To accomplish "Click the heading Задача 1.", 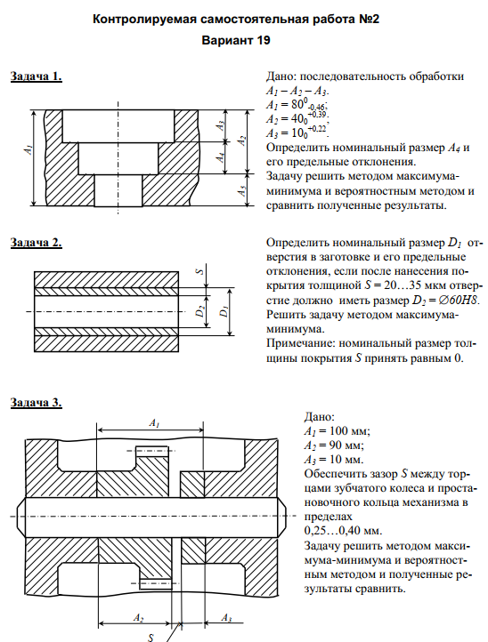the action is coord(37,76).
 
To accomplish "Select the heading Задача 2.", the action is coord(37,243).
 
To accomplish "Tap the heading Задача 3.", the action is coord(37,403).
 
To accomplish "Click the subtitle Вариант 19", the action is coord(236,41).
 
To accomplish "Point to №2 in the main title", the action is coord(369,20).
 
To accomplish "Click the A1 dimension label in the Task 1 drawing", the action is coord(28,150).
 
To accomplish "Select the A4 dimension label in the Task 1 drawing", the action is coord(221,156).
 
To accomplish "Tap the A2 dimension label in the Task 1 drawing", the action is coord(242,140).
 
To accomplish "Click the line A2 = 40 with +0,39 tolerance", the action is coord(297,118).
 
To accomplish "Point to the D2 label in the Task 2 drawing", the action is coord(199,311).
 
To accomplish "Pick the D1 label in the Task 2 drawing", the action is coord(224,312).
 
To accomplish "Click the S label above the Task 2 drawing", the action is coord(200,271).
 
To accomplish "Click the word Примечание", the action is coord(300,343).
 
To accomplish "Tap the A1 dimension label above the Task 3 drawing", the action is coord(154,423).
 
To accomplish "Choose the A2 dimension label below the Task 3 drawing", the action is coord(139,617).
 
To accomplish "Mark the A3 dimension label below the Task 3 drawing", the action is coord(226,617).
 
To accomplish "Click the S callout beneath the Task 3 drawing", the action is coord(150,637).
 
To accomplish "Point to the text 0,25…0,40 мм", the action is coord(343,531).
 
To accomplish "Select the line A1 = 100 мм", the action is coord(338,431).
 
